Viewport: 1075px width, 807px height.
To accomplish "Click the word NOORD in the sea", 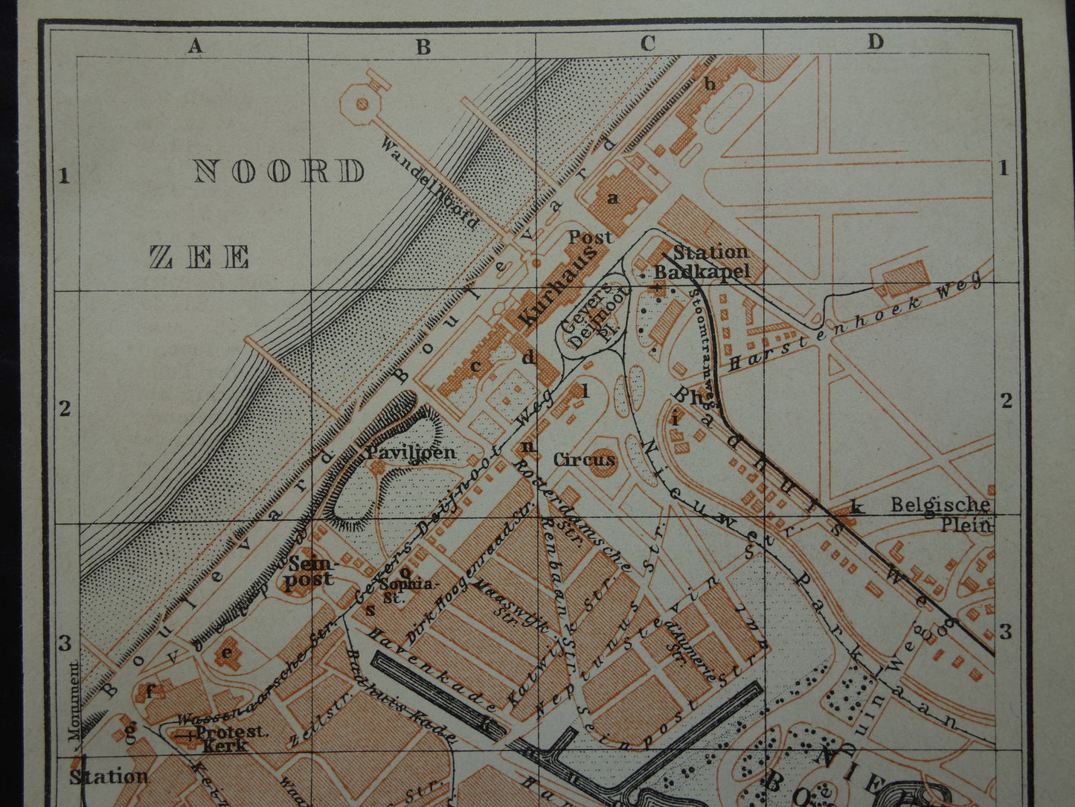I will pyautogui.click(x=279, y=171).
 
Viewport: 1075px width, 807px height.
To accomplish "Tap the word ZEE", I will pyautogui.click(x=199, y=258).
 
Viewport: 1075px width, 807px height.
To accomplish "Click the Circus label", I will pyautogui.click(x=585, y=460).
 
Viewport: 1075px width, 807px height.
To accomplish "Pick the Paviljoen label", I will pyautogui.click(x=410, y=452).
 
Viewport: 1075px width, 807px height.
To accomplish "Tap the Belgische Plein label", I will pyautogui.click(x=942, y=514).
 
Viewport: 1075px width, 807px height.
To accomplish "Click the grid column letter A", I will pyautogui.click(x=195, y=46).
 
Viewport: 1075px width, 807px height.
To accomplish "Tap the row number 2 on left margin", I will pyautogui.click(x=65, y=408).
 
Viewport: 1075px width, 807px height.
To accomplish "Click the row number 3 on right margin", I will pyautogui.click(x=1006, y=632).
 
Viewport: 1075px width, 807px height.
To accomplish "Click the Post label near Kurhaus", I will pyautogui.click(x=590, y=237).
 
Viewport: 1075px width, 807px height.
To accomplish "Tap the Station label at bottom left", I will pyautogui.click(x=109, y=776).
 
